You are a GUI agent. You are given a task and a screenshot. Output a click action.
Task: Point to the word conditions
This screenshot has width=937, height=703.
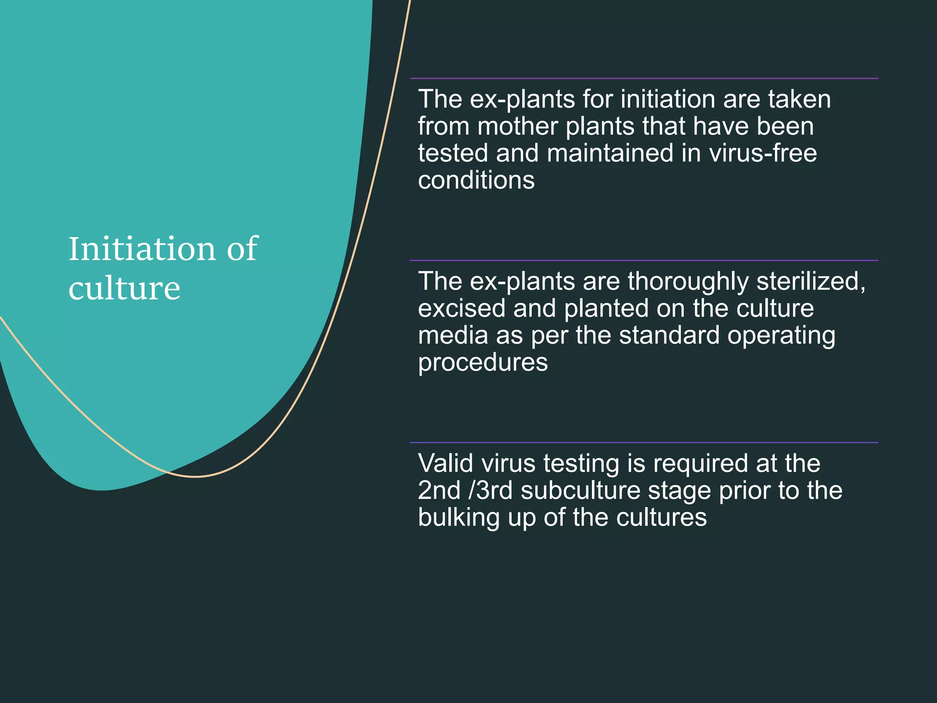(476, 180)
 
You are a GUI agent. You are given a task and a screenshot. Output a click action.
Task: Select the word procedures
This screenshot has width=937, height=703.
(483, 362)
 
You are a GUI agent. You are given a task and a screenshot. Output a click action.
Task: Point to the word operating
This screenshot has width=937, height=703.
(781, 336)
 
